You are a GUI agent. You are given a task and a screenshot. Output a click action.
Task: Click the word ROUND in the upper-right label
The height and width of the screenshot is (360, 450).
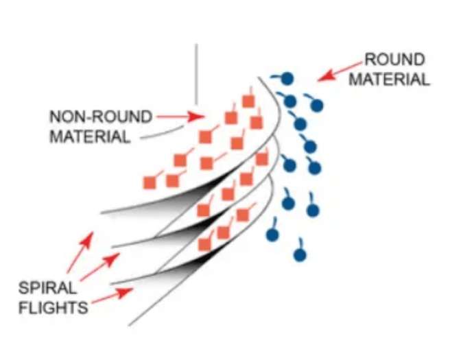pyautogui.click(x=394, y=60)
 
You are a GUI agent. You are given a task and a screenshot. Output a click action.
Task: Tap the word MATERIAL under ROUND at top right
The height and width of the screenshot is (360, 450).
pyautogui.click(x=389, y=79)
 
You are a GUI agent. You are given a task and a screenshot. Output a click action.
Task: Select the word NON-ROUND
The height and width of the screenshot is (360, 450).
pyautogui.click(x=101, y=117)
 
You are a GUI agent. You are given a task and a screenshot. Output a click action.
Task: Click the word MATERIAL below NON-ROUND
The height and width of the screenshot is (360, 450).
pyautogui.click(x=90, y=136)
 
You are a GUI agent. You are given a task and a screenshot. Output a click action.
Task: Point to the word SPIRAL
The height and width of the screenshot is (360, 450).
pyautogui.click(x=47, y=288)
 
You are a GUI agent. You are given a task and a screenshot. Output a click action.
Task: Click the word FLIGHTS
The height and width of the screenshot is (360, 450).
pyautogui.click(x=53, y=307)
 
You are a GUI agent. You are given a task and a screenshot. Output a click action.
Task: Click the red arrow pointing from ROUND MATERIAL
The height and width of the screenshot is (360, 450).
pyautogui.click(x=340, y=71)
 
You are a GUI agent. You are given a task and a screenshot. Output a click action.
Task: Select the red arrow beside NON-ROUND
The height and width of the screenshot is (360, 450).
pyautogui.click(x=181, y=117)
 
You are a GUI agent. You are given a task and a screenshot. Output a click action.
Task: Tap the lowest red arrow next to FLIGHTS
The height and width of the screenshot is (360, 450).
pyautogui.click(x=113, y=296)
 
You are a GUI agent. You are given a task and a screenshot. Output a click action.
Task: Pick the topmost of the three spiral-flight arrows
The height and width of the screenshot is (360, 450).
pyautogui.click(x=80, y=252)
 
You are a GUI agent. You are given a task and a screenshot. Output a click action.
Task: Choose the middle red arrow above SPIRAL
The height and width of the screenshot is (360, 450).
pyautogui.click(x=100, y=267)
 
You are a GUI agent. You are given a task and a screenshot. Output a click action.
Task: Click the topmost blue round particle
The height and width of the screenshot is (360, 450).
pyautogui.click(x=287, y=78)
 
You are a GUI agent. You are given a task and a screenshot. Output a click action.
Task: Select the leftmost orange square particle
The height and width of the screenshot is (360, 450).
pyautogui.click(x=150, y=183)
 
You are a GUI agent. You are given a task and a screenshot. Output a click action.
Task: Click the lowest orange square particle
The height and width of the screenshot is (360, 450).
pyautogui.click(x=204, y=245)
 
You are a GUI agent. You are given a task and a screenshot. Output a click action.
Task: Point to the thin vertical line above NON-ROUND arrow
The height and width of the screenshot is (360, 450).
pyautogui.click(x=197, y=74)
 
